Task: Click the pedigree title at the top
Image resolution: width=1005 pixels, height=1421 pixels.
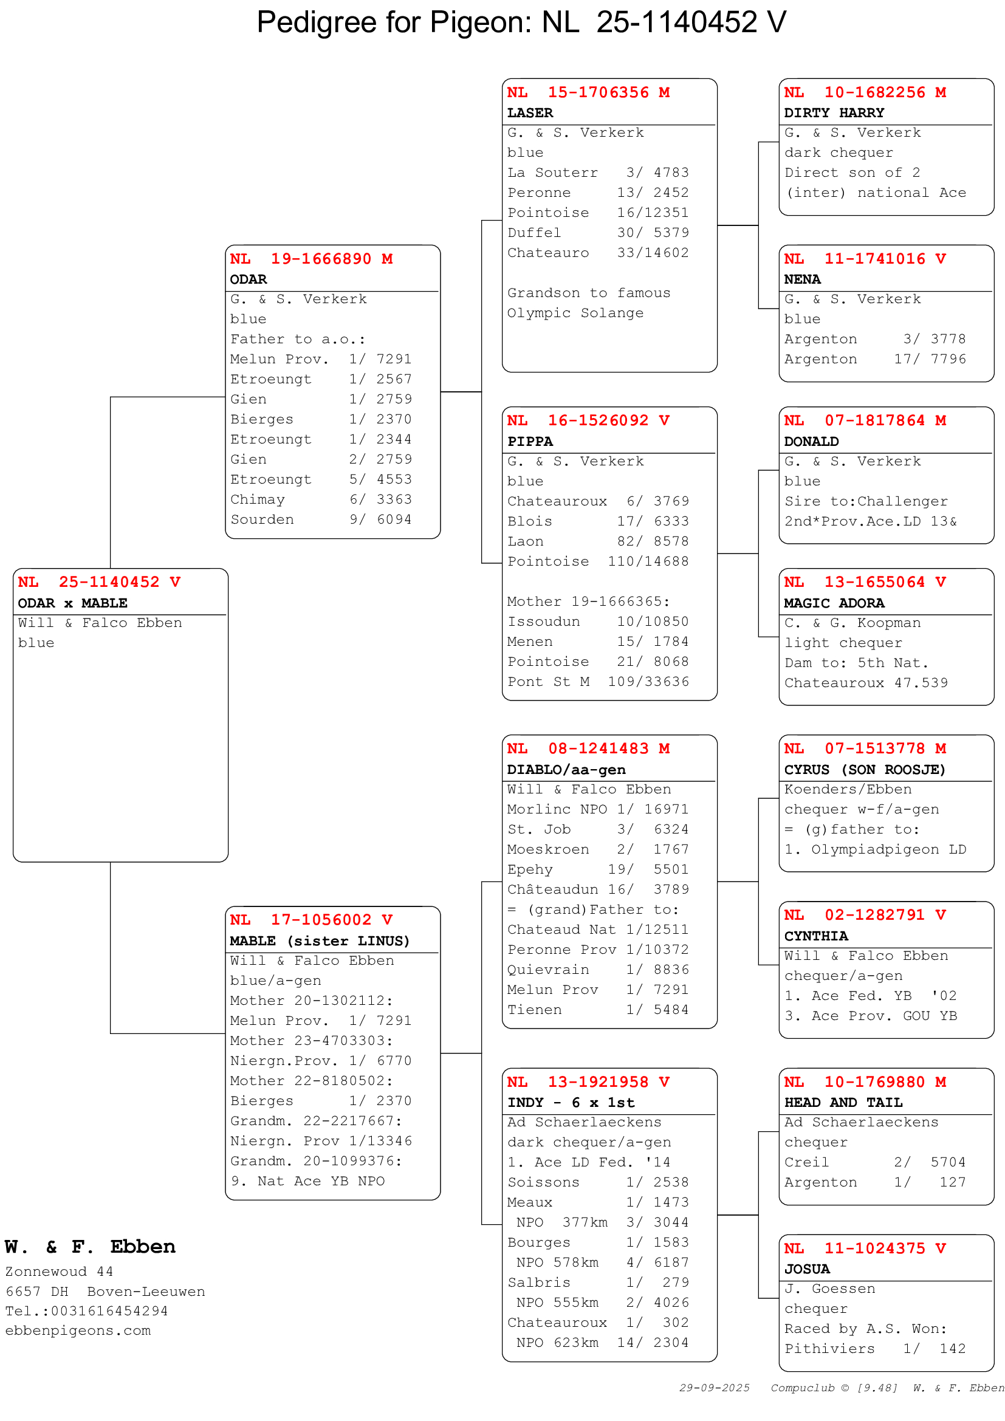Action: pos(521,22)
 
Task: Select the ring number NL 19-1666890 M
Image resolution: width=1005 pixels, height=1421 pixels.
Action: pos(311,259)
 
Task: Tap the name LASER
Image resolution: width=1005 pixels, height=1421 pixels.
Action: pos(530,113)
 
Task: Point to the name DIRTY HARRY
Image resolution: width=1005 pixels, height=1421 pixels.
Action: pos(834,113)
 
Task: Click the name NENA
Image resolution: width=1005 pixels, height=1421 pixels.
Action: pos(802,279)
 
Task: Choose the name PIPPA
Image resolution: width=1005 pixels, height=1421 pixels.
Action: pos(530,442)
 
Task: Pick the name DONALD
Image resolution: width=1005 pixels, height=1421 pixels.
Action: pos(811,442)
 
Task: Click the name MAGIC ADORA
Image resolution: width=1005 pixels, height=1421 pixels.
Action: pos(834,603)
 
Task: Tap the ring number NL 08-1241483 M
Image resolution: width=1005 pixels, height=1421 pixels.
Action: pos(588,749)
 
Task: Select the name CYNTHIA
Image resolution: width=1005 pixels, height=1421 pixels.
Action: pos(816,936)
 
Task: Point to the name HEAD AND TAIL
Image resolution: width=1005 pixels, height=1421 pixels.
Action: pos(843,1103)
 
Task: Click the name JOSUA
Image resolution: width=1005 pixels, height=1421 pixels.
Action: pos(807,1269)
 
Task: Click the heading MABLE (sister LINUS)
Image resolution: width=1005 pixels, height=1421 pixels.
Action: pos(320,941)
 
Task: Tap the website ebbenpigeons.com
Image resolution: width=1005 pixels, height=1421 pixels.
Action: pos(78,1330)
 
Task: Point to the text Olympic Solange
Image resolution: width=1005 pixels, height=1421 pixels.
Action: pos(575,313)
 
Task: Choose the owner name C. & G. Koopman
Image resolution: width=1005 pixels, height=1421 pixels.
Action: pos(852,623)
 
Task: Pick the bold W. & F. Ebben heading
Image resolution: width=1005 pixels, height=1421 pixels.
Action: pos(91,1247)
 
